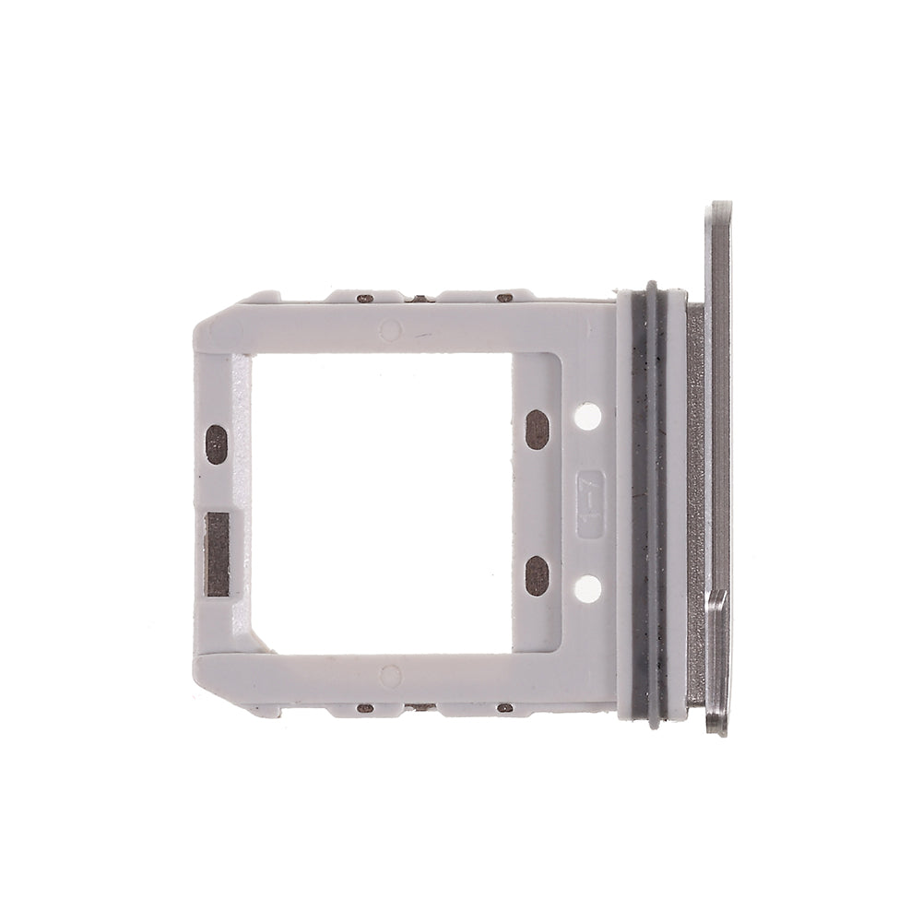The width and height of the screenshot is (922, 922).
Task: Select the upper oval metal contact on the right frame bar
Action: pyautogui.click(x=538, y=429)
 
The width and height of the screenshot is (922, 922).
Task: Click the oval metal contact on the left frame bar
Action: pyautogui.click(x=216, y=443)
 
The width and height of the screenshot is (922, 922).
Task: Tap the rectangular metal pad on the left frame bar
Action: pyautogui.click(x=217, y=553)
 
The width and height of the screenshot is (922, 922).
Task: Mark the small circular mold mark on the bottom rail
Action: pyautogui.click(x=390, y=677)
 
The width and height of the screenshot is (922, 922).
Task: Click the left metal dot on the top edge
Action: pyautogui.click(x=365, y=299)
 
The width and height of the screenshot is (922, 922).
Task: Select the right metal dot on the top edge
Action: pyautogui.click(x=504, y=298)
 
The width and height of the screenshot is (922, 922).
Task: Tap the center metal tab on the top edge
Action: pyautogui.click(x=420, y=298)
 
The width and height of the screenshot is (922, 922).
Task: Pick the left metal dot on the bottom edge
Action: pyautogui.click(x=365, y=708)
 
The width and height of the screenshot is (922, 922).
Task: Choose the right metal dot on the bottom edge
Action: pyautogui.click(x=504, y=708)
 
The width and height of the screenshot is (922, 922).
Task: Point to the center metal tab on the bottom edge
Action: pyautogui.click(x=420, y=707)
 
